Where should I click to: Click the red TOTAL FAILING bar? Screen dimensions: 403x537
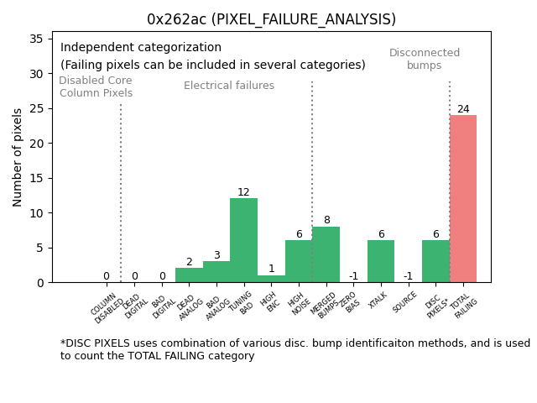click(463, 199)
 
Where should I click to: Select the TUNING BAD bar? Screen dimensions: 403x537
click(243, 241)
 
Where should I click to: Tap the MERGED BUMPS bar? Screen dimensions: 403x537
click(326, 254)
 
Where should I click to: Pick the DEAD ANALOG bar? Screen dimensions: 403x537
click(189, 275)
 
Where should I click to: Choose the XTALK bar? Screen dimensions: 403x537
click(381, 261)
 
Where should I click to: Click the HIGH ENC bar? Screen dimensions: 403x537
click(271, 279)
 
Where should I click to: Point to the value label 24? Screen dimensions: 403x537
click(463, 109)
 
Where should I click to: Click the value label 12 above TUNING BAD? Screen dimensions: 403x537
click(243, 192)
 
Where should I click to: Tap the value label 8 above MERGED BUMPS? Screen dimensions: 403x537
click(326, 220)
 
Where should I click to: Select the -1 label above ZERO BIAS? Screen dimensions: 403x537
click(353, 276)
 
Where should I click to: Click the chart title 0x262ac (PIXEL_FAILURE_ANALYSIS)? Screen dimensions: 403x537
click(271, 19)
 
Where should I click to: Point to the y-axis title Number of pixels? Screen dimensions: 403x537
click(18, 157)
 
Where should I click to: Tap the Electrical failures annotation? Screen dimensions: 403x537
click(229, 86)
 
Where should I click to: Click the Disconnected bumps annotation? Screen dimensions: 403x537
click(425, 59)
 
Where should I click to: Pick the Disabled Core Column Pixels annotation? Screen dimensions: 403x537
click(96, 86)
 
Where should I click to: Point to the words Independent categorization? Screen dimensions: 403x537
click(141, 48)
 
